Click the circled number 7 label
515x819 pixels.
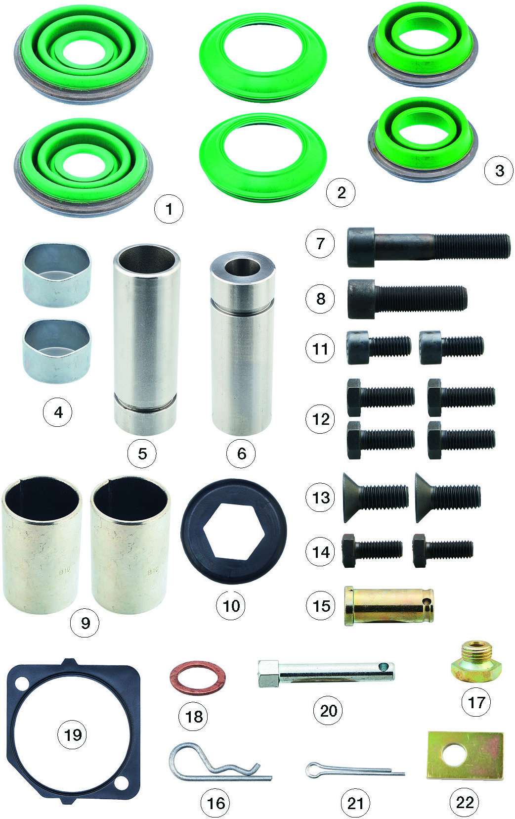click(x=320, y=243)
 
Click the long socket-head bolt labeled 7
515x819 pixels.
click(x=429, y=247)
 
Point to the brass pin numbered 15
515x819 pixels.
click(x=389, y=607)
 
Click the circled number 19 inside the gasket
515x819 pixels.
click(x=72, y=742)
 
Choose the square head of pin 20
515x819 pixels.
click(x=269, y=674)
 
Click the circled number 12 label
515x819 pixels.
click(x=320, y=419)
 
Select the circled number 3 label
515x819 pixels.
click(x=499, y=171)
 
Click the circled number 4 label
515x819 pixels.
click(x=58, y=412)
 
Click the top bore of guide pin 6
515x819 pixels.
click(x=243, y=268)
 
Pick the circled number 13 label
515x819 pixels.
click(x=321, y=498)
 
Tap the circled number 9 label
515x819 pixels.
click(x=85, y=623)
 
